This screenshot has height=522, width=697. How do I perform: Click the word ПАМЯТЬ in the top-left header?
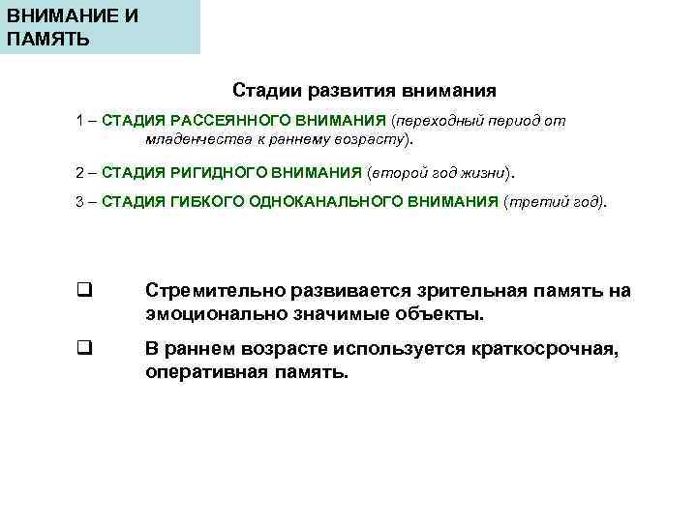tap(48, 39)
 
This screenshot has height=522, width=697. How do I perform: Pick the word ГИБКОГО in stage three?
tap(206, 203)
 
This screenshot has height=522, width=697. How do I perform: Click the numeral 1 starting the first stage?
tap(80, 122)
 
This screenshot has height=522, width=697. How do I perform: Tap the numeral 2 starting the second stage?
tap(80, 172)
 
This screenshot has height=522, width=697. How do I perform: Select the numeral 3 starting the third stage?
tap(80, 203)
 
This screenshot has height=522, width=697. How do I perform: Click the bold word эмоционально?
tap(212, 315)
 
